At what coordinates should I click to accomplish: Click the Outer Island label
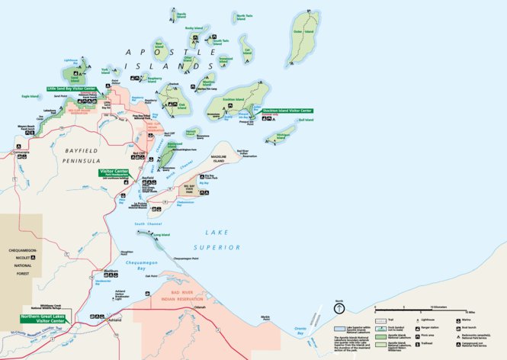(297, 32)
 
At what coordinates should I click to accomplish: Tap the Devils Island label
(181, 14)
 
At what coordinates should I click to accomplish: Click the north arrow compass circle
(340, 309)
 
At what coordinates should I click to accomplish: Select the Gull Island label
(305, 120)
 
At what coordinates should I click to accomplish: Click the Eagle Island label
(30, 97)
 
